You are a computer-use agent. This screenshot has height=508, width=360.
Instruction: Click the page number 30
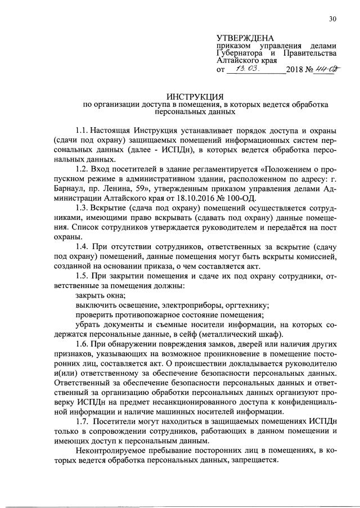tap(333, 19)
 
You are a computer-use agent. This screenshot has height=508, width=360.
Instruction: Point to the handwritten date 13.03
tap(246, 69)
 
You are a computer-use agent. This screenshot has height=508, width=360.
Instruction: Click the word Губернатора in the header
tap(241, 53)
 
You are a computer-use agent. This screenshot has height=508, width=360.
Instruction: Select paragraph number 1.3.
tap(82, 206)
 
